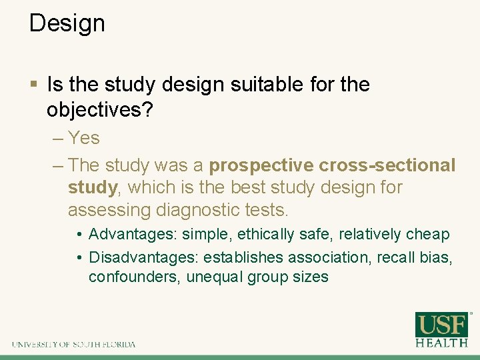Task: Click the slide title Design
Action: pos(67,23)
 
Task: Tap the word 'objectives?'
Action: pos(99,109)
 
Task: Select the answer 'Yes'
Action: pos(84,138)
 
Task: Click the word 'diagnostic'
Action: pos(202,210)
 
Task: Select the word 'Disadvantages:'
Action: pos(144,257)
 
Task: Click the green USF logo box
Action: pos(442,325)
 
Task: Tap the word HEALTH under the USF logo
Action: pos(442,343)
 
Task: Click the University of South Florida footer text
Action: pos(73,345)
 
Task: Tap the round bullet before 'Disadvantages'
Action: pos(79,258)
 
